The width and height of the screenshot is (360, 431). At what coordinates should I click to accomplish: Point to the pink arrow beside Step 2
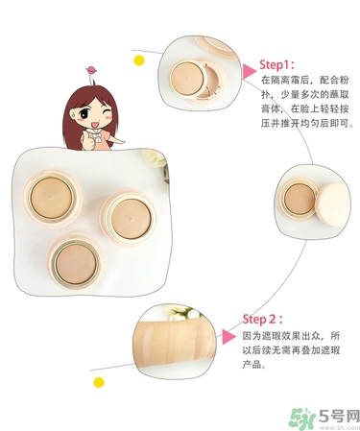click(x=228, y=336)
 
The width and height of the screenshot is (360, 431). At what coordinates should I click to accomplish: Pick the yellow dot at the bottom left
click(x=98, y=382)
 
